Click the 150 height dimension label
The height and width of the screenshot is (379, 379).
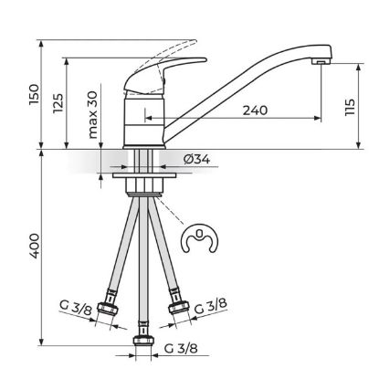click(x=34, y=95)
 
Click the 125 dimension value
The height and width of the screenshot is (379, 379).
click(x=58, y=103)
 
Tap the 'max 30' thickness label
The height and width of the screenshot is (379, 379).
click(x=93, y=115)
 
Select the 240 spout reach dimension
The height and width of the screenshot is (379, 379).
click(x=255, y=111)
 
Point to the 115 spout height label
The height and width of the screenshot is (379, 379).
click(x=350, y=107)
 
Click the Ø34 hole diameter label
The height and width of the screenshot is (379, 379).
click(x=196, y=159)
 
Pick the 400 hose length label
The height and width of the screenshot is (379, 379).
click(x=34, y=246)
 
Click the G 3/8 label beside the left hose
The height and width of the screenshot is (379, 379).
click(x=76, y=309)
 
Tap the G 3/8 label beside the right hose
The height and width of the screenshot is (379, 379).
click(x=211, y=306)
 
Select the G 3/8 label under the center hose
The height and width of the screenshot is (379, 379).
click(x=181, y=348)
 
